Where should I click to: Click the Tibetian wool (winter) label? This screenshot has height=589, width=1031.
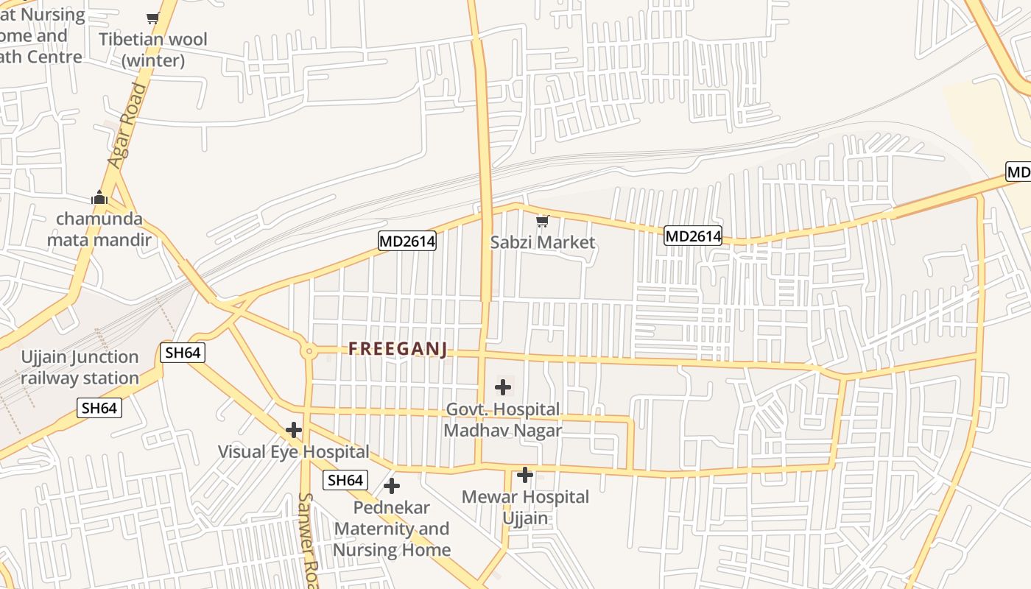(153, 49)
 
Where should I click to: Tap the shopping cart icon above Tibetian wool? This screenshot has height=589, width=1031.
(152, 18)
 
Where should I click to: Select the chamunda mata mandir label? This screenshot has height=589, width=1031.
(99, 229)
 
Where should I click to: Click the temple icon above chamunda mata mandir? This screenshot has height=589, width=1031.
(99, 197)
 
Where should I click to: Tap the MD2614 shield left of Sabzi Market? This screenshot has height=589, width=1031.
(407, 241)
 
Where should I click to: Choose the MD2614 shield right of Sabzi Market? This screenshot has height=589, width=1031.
(692, 236)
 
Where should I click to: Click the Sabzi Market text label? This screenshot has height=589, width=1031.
(543, 242)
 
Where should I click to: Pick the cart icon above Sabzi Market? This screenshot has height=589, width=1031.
(543, 220)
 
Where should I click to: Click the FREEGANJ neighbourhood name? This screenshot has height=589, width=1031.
(398, 349)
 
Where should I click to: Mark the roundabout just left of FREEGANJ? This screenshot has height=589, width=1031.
(309, 351)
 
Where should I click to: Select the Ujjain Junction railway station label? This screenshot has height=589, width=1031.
(80, 367)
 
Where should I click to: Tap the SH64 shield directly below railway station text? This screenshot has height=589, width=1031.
(99, 408)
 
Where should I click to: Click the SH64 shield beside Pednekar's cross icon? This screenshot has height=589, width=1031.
(345, 481)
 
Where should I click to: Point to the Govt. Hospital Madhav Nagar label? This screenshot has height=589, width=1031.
(502, 420)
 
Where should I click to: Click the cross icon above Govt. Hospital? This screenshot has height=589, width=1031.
(503, 387)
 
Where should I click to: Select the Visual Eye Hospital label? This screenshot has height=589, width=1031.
(293, 451)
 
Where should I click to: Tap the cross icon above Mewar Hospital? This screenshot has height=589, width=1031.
(524, 475)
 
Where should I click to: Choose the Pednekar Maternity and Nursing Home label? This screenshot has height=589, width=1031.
(392, 529)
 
